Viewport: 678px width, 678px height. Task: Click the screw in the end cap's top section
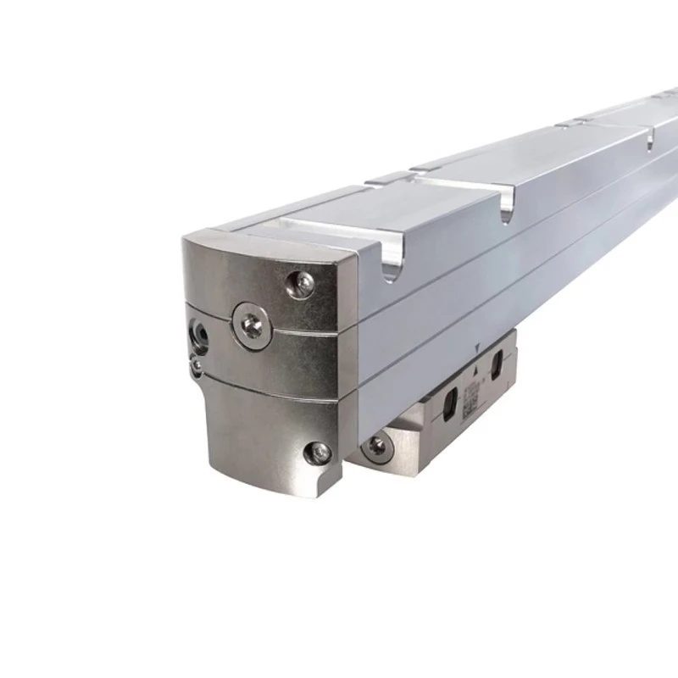[301, 283]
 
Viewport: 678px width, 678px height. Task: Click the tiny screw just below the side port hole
[197, 364]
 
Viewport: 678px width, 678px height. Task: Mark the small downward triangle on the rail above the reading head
[480, 346]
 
